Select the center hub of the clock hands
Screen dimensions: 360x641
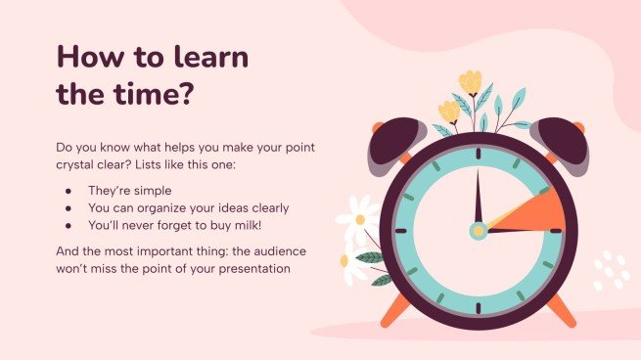[x=478, y=232]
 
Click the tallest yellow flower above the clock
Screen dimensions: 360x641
[x=471, y=82]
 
